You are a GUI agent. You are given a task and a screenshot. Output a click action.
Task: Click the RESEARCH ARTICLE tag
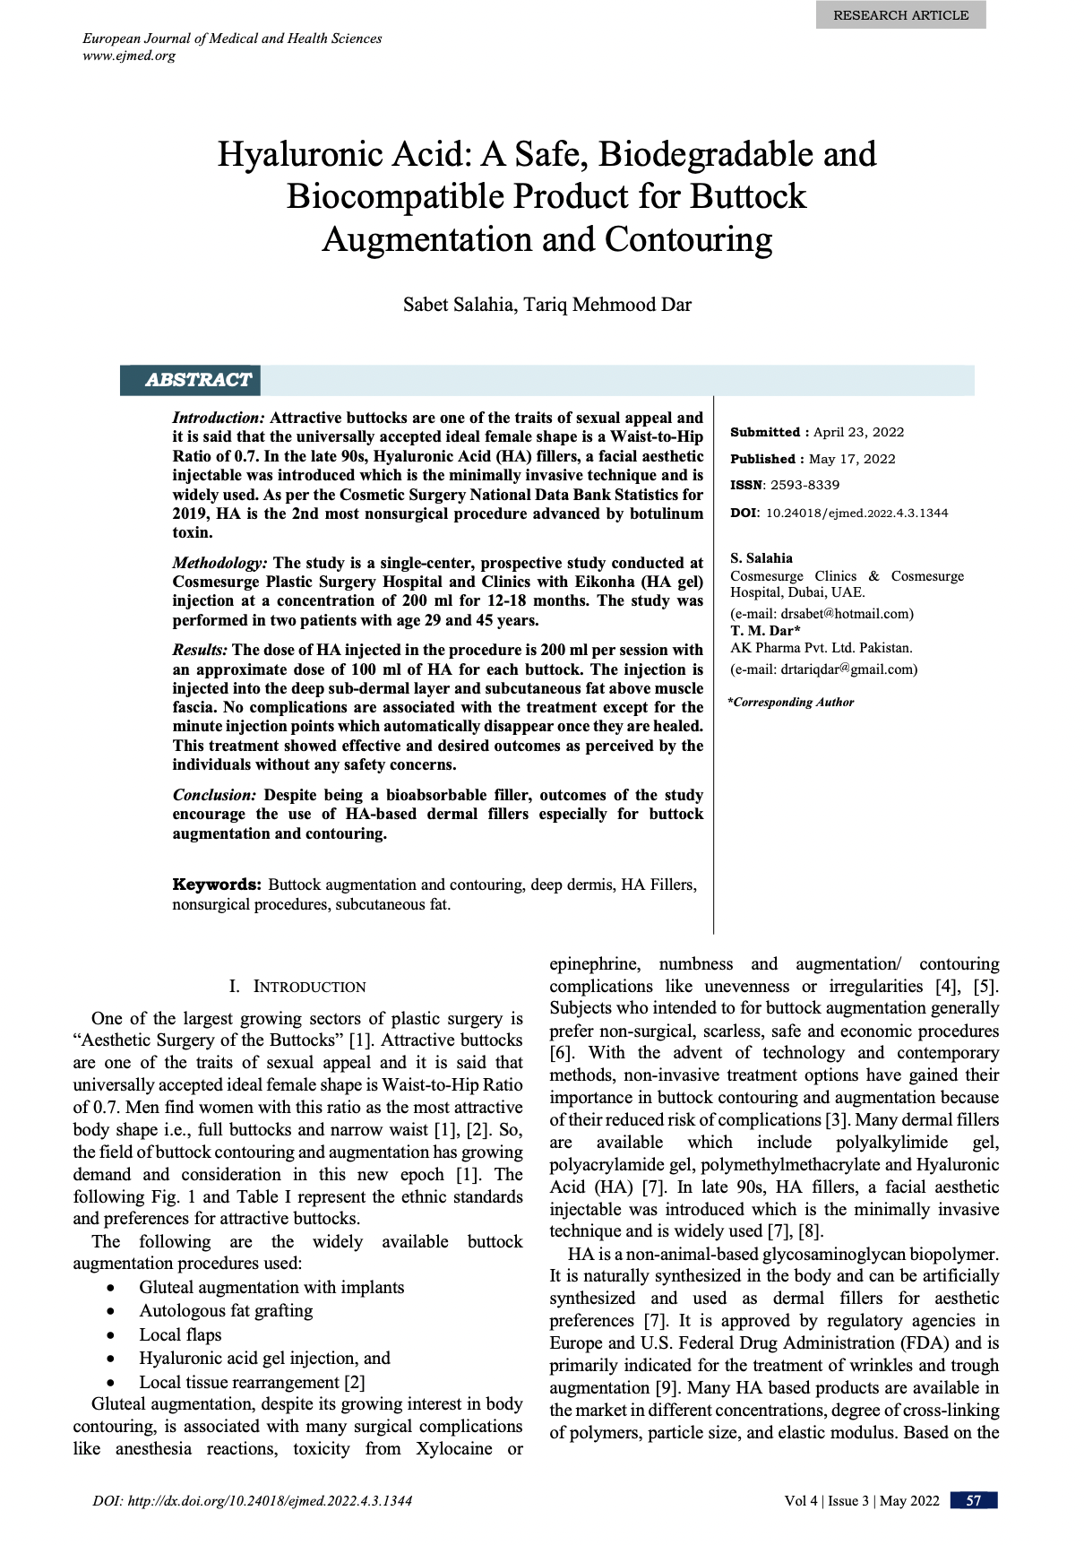[900, 15]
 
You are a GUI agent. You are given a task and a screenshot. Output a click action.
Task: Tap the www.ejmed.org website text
[129, 56]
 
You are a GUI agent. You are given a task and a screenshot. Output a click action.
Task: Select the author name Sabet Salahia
[457, 305]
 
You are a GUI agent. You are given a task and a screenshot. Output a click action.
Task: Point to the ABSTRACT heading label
[198, 380]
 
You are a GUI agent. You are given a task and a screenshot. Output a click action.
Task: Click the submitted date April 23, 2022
[858, 432]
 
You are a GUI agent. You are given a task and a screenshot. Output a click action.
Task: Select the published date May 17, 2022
[852, 459]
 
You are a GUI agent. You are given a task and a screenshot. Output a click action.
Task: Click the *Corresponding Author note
[790, 703]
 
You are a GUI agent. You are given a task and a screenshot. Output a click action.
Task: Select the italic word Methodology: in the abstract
[219, 563]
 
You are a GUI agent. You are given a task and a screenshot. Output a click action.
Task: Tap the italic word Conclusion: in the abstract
[215, 795]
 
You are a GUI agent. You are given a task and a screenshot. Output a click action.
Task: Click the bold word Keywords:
[217, 885]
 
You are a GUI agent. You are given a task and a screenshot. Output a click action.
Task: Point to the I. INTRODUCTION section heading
[297, 987]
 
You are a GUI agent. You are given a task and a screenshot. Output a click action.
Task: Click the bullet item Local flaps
[180, 1334]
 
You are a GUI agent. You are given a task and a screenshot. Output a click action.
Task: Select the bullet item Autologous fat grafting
[226, 1310]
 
